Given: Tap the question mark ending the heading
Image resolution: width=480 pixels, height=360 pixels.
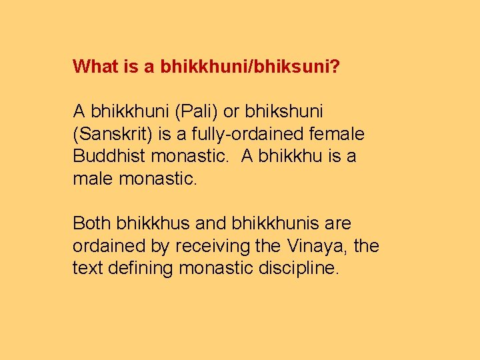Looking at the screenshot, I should pos(335,66).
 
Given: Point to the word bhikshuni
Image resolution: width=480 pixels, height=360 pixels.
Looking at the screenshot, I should pos(287,111).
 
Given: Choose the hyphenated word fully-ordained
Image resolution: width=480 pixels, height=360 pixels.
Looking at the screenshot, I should pos(248,134).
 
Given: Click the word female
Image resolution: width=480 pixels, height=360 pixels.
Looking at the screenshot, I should pos(340,134).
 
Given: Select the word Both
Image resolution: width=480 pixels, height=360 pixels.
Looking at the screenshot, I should pos(92,223).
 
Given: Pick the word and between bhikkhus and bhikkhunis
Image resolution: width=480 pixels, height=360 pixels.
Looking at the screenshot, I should pos(210,223).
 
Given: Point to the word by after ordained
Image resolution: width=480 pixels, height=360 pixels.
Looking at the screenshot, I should pos(160,247).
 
